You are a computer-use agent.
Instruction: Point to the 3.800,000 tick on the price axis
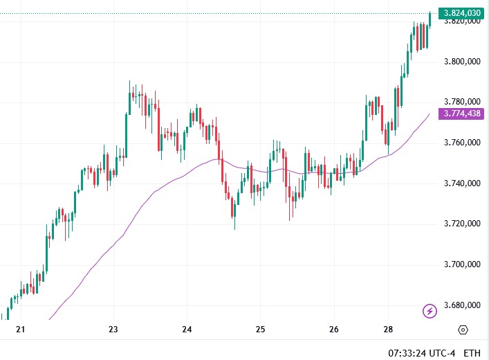click(x=462, y=62)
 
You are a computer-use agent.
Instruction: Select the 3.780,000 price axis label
click(x=462, y=102)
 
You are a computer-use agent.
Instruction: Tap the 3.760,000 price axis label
click(x=462, y=143)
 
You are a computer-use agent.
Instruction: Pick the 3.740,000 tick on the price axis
click(x=462, y=183)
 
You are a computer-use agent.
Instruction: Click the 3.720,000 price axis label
click(x=462, y=224)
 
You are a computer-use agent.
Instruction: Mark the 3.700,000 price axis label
click(x=462, y=264)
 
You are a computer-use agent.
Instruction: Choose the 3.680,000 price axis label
click(x=462, y=305)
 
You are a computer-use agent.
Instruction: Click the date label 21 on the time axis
click(x=20, y=330)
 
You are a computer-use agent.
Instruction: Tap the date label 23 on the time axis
click(x=113, y=330)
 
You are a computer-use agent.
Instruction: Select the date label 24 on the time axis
click(x=187, y=330)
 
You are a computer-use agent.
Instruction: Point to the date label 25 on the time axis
click(x=260, y=330)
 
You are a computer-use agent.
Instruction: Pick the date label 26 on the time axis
click(x=333, y=330)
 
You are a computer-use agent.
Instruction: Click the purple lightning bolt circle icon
click(x=430, y=311)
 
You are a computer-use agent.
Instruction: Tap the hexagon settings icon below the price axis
click(x=463, y=330)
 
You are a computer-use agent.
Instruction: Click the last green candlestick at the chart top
click(x=430, y=19)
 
